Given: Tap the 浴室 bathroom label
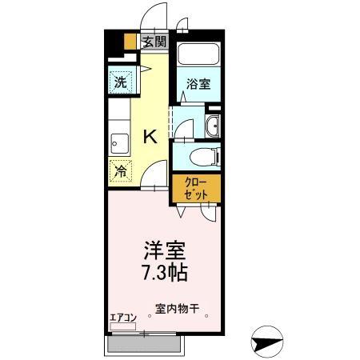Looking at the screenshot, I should point(198,82).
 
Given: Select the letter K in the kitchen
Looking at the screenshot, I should point(149,136).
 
